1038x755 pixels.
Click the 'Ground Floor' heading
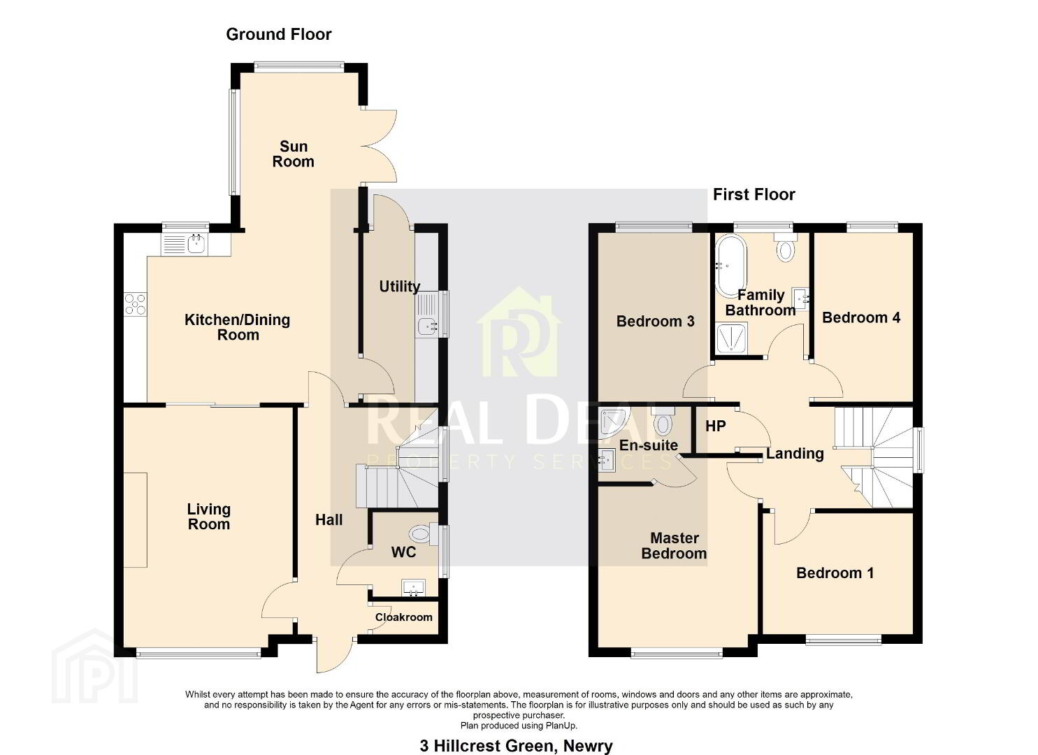point(278,34)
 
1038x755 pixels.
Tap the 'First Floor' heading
point(754,194)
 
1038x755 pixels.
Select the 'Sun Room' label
point(294,154)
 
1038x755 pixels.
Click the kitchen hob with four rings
point(136,304)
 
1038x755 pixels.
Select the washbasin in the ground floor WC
point(413,588)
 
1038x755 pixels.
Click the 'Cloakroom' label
point(403,617)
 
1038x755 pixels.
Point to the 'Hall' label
point(329,520)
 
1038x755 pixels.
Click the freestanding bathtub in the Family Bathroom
point(730,266)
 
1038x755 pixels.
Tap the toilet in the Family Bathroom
point(785,247)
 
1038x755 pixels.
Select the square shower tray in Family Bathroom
point(731,338)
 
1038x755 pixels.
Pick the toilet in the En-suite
point(663,421)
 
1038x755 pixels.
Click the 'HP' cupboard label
point(716,426)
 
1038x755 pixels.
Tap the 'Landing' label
point(795,454)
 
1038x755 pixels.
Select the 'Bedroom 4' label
point(861,318)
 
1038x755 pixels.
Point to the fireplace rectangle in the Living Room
point(136,520)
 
